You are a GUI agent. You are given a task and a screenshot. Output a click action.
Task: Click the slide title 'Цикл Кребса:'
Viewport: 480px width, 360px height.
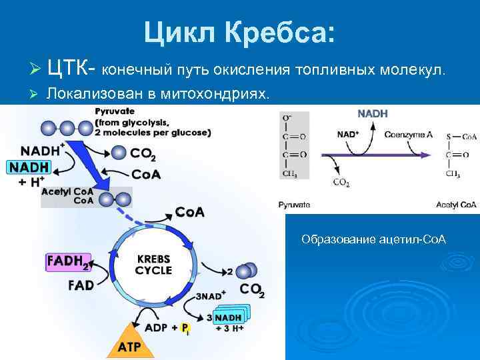[x=240, y=31]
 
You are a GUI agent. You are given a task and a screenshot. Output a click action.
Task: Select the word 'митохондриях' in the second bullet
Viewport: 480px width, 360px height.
[x=217, y=95]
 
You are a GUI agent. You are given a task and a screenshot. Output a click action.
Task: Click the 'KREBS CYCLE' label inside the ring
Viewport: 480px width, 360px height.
[x=153, y=264]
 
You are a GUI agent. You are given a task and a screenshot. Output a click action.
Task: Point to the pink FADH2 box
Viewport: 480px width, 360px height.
[x=67, y=262]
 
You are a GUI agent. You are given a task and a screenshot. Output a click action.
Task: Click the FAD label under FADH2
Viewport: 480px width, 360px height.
[x=81, y=285]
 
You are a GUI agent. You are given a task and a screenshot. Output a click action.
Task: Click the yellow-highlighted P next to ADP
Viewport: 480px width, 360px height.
[x=185, y=328]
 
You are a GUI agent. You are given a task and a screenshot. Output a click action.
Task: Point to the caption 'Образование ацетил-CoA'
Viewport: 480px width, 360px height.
[x=373, y=239]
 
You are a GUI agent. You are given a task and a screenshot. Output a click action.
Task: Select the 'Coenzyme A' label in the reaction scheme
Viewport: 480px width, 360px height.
[x=408, y=134]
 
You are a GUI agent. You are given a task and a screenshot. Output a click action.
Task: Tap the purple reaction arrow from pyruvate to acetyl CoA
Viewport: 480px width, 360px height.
[x=380, y=155]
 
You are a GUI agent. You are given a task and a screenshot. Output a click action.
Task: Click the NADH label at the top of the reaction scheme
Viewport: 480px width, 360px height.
[x=373, y=114]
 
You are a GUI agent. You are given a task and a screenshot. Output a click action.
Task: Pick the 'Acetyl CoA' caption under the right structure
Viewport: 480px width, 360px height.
[x=456, y=205]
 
